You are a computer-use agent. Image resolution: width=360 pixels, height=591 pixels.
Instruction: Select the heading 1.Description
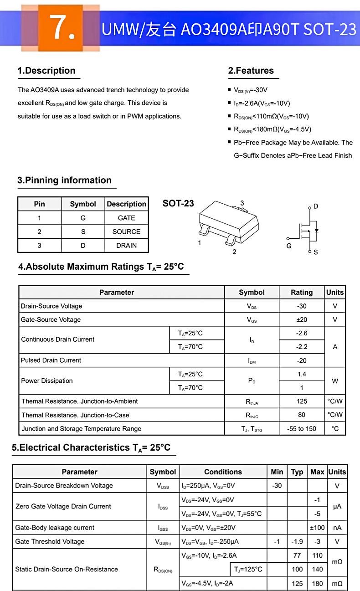[46, 71]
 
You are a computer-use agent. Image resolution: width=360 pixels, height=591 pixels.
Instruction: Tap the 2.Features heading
[251, 71]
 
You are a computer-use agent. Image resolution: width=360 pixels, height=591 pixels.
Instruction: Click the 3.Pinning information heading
[64, 180]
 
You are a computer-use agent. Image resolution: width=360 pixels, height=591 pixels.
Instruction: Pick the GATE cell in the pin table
[126, 218]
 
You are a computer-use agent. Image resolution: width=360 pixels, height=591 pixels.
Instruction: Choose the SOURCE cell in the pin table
[126, 231]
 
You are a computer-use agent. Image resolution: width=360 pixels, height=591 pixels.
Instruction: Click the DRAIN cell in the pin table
[126, 245]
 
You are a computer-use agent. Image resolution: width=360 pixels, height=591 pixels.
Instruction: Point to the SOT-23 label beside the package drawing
[178, 203]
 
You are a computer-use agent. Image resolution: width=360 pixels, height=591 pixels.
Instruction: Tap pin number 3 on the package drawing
[242, 203]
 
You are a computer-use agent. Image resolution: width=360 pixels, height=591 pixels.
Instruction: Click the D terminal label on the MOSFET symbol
[316, 206]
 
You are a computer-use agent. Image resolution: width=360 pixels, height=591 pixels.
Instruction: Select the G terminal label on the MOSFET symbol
[289, 246]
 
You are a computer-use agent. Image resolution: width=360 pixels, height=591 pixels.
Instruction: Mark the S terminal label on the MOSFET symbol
[316, 252]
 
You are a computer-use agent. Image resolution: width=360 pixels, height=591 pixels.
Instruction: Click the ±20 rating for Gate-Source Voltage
[302, 319]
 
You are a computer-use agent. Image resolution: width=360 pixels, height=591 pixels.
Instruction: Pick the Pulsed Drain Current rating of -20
[302, 360]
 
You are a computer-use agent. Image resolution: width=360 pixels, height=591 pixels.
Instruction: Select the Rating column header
[302, 292]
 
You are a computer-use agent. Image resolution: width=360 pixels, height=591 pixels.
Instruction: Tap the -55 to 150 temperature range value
[302, 428]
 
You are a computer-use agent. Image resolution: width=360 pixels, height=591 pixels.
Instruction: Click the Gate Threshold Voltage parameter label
[50, 541]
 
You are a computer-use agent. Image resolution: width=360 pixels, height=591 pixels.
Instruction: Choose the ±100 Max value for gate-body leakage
[317, 528]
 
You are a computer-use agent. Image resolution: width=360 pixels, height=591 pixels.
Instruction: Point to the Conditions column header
[223, 472]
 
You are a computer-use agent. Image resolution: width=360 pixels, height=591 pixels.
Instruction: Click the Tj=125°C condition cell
[248, 569]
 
